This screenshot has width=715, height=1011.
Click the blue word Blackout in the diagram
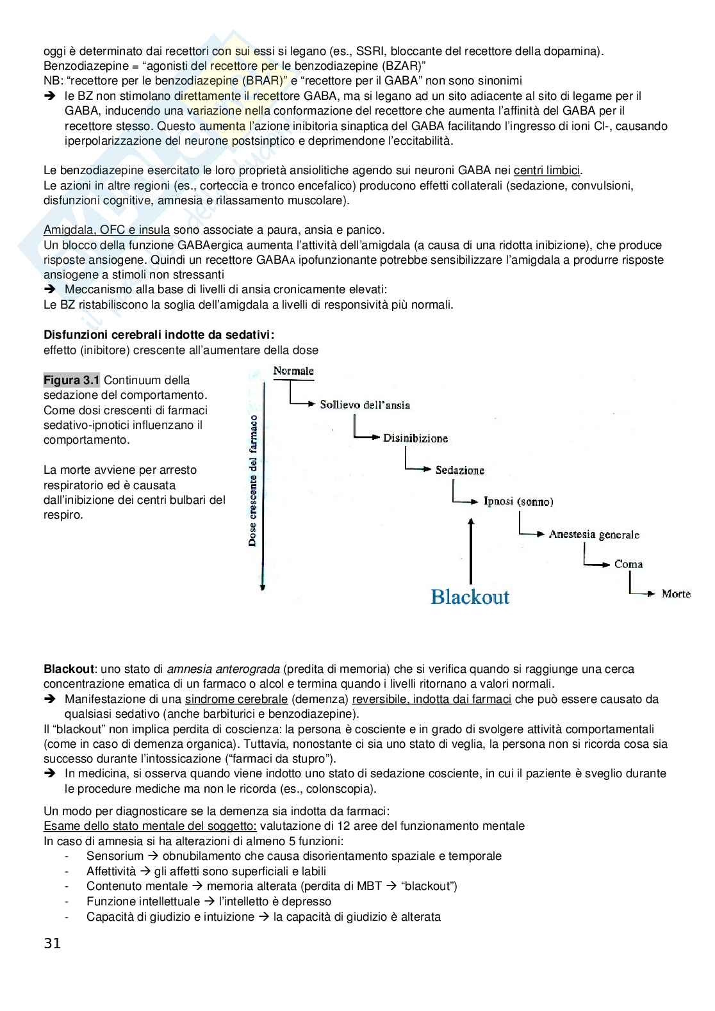(x=470, y=597)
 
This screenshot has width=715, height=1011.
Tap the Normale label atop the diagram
(x=293, y=371)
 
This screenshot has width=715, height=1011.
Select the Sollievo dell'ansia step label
(x=365, y=405)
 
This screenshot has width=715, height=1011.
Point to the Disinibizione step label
(x=415, y=439)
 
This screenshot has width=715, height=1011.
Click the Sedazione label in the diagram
(x=459, y=470)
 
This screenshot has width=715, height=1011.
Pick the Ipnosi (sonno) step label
(x=518, y=501)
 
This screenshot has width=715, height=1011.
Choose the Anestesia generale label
(x=594, y=534)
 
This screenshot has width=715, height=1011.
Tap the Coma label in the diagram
(x=628, y=564)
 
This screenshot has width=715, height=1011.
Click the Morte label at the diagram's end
(x=676, y=594)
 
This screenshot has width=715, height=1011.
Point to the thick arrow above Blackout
(x=471, y=551)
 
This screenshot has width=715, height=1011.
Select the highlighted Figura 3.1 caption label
(x=71, y=380)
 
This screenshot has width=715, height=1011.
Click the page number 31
(x=53, y=943)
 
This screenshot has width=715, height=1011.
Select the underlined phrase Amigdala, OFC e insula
(x=106, y=230)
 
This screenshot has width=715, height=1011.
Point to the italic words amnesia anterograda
(x=224, y=669)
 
